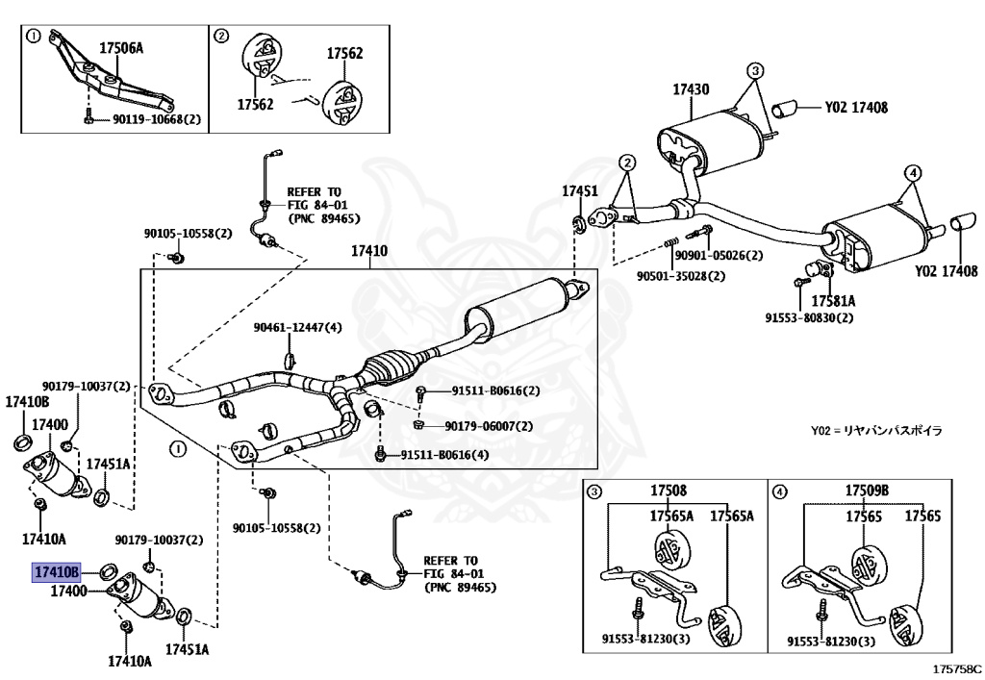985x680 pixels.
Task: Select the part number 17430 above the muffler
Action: (x=690, y=89)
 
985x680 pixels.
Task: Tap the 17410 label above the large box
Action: (x=368, y=251)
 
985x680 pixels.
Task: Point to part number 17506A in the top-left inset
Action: (x=121, y=45)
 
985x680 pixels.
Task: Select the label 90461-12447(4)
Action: (x=297, y=327)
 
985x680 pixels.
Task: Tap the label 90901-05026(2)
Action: (x=718, y=255)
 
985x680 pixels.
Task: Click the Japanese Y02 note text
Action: (x=875, y=430)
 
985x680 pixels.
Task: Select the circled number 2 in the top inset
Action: (x=220, y=38)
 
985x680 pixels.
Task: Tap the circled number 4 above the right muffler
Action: (x=912, y=173)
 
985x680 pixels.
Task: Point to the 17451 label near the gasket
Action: (x=580, y=191)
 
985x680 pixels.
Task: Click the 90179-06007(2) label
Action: (x=489, y=425)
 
